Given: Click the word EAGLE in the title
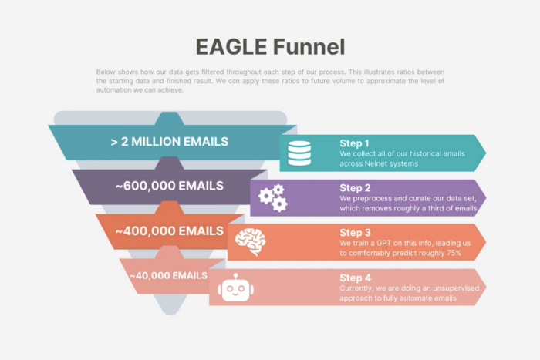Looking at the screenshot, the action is pyautogui.click(x=231, y=47).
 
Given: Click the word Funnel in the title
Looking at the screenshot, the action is pyautogui.click(x=309, y=47).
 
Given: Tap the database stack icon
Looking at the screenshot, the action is pyautogui.click(x=299, y=153).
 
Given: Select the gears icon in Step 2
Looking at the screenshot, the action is pyautogui.click(x=273, y=198).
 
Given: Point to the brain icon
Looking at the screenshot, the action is pyautogui.click(x=251, y=242).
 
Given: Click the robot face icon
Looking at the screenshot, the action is pyautogui.click(x=235, y=288).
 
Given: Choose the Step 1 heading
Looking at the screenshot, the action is pyautogui.click(x=354, y=143).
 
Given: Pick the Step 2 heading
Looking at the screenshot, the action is pyautogui.click(x=355, y=188).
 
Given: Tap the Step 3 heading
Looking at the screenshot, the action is pyautogui.click(x=355, y=233).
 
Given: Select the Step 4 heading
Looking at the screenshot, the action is pyautogui.click(x=355, y=278).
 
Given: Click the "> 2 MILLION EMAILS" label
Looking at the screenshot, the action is pyautogui.click(x=170, y=142).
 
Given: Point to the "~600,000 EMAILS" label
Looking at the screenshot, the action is pyautogui.click(x=170, y=186).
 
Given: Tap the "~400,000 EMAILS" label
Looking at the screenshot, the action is pyautogui.click(x=170, y=231).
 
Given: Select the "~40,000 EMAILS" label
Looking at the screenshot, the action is pyautogui.click(x=168, y=276).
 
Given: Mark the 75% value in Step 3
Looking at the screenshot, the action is pyautogui.click(x=454, y=253).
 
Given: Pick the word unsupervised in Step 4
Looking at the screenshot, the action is pyautogui.click(x=456, y=288).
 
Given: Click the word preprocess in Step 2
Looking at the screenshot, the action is pyautogui.click(x=373, y=199).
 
